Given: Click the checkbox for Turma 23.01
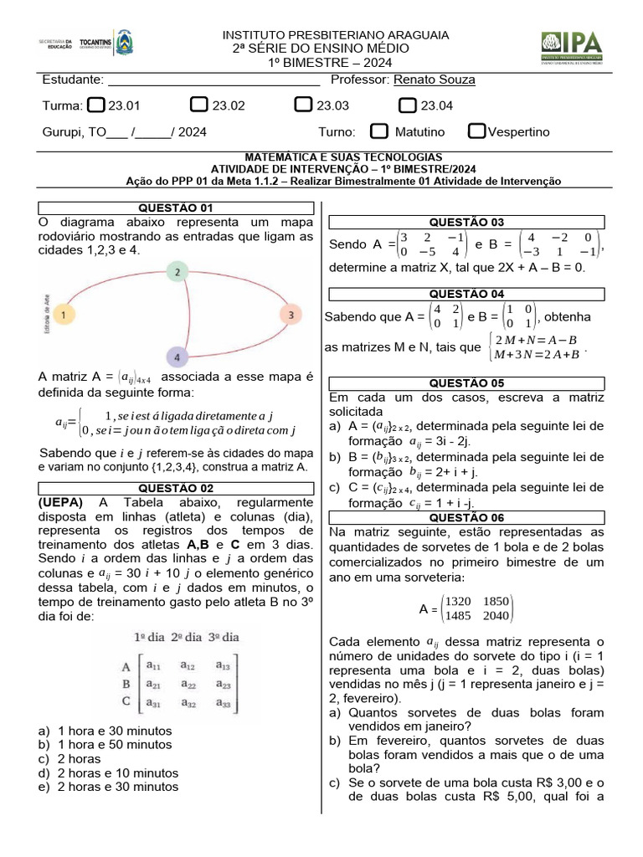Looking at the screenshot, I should pos(96,105).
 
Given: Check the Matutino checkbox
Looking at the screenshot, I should pos(379,131).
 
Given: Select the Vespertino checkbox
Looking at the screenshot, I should pos(476,131).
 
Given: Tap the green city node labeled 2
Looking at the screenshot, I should pos(177,272).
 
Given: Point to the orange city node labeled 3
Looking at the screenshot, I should pos(290,315).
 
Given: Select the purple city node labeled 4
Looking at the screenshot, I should pos(177,357).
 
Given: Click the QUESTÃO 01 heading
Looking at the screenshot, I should pos(175,208).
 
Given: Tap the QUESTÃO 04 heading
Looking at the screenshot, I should pos(466,294).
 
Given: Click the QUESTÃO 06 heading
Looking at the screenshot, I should pos(466,517).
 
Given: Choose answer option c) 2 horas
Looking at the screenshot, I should pos(80,758).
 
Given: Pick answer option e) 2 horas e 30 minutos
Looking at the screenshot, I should pos(114,787).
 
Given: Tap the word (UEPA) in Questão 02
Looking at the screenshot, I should pos(60,502).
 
